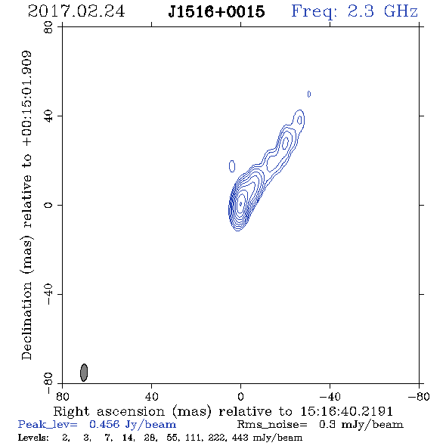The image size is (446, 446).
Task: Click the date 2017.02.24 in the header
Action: click(x=76, y=11)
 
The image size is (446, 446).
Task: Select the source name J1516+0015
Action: click(x=216, y=11)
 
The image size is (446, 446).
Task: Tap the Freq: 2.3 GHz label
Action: click(x=355, y=11)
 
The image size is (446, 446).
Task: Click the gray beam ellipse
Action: click(x=84, y=373)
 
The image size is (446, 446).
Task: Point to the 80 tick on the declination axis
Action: click(x=48, y=27)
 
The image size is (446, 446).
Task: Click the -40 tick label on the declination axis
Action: click(x=48, y=294)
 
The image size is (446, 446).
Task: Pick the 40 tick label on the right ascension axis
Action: click(x=151, y=397)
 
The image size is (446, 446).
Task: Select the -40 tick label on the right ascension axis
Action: click(x=330, y=397)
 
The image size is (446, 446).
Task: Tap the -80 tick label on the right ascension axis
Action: click(x=419, y=397)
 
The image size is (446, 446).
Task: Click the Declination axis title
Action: click(x=26, y=205)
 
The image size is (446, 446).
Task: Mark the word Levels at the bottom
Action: click(x=33, y=437)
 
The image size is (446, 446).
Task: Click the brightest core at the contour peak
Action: click(x=241, y=203)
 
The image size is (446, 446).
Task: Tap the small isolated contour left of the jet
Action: click(x=232, y=166)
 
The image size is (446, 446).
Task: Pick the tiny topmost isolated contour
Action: click(x=309, y=94)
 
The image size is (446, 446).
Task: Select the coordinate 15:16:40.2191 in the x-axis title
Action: click(x=347, y=411)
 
